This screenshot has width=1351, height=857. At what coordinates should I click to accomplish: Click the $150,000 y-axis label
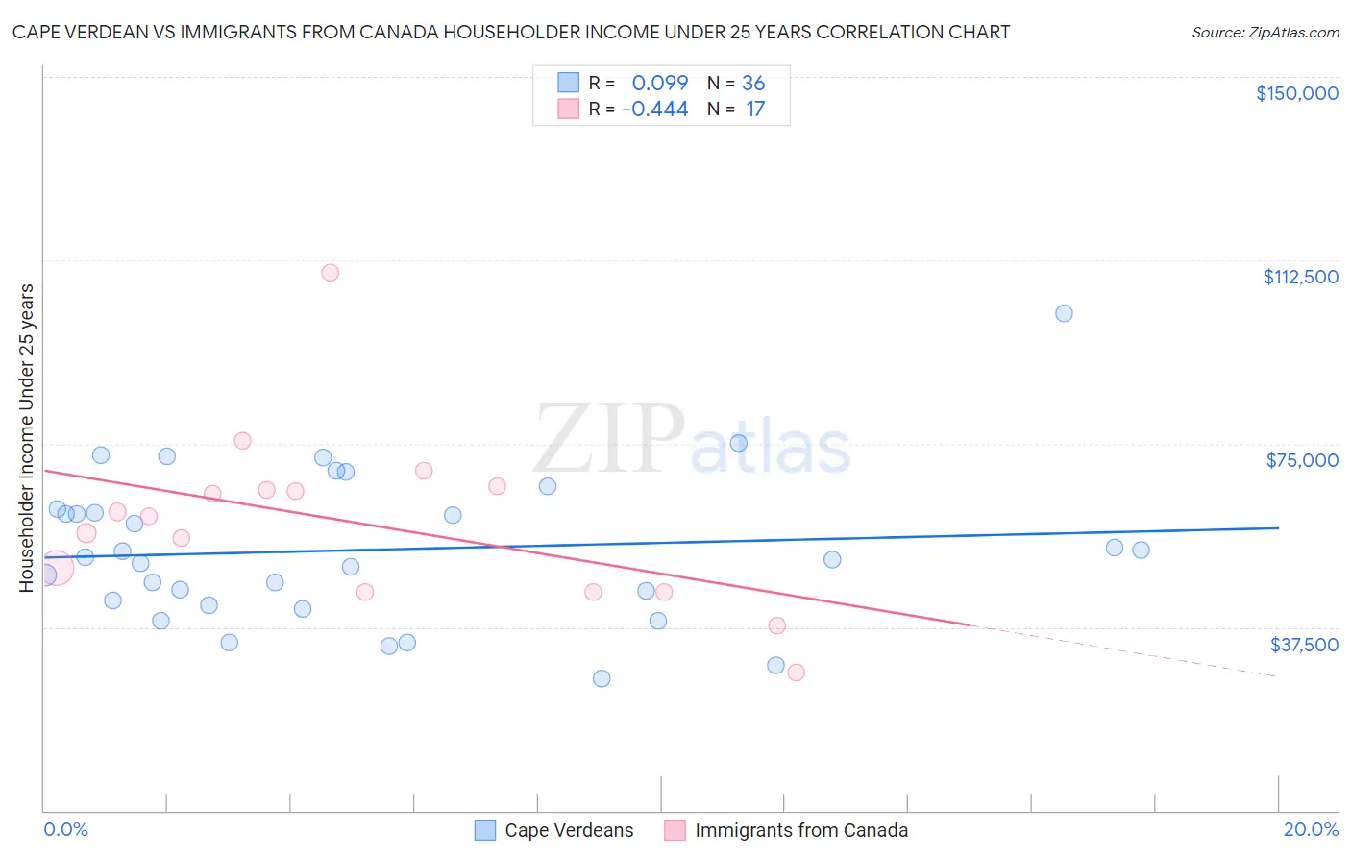(1296, 93)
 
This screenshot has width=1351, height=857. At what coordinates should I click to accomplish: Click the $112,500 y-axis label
(1300, 277)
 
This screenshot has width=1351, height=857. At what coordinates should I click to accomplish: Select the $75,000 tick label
(1302, 460)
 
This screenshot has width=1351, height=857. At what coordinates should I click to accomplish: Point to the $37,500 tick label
(1304, 645)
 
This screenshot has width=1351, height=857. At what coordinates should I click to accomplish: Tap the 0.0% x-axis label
(65, 829)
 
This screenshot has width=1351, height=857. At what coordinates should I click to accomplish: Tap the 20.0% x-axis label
(1311, 829)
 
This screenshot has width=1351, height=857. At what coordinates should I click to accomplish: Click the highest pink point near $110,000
(330, 272)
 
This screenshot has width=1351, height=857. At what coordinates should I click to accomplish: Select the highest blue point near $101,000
(1064, 313)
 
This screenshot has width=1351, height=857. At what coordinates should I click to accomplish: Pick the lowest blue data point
(602, 678)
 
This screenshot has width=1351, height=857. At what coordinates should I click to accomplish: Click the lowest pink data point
(796, 673)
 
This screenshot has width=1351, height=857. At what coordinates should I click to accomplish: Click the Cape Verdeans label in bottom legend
(569, 830)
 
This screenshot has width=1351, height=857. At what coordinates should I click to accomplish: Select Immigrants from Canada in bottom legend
(800, 830)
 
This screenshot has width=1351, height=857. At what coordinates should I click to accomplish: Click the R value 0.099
(660, 84)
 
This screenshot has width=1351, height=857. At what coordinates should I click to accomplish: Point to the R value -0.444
(655, 110)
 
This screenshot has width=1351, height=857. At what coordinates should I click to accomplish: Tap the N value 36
(753, 84)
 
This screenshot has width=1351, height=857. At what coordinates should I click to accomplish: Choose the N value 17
(755, 110)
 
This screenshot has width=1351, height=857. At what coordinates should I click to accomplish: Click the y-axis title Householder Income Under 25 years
(27, 437)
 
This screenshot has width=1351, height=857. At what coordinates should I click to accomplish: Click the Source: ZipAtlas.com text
(1265, 33)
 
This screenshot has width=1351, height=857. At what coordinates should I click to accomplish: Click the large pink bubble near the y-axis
(55, 568)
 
